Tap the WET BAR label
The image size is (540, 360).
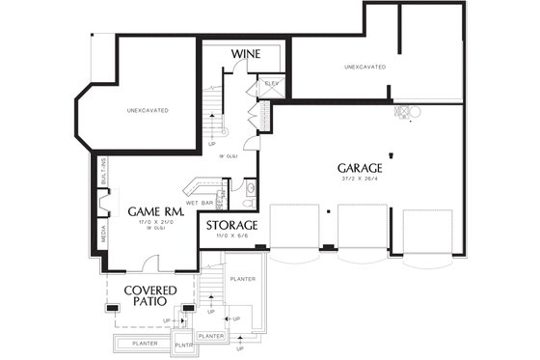click(200, 203)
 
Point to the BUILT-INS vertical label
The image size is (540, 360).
click(102, 173)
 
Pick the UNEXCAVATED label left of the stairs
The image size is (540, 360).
click(148, 111)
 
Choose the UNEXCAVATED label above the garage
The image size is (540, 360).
click(365, 67)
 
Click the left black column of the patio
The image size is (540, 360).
click(113, 308)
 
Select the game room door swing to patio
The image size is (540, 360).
click(151, 263)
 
